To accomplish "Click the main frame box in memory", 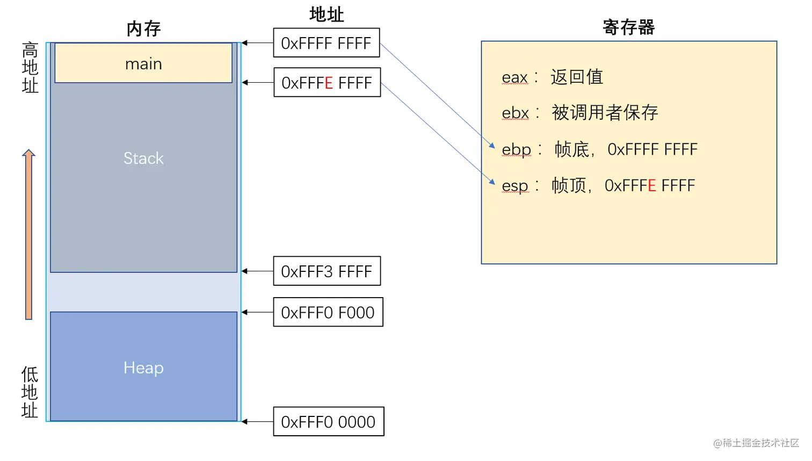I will [x=143, y=63].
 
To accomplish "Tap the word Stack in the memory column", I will [x=143, y=159].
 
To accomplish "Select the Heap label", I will [x=143, y=368].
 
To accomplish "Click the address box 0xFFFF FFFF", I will [x=327, y=43].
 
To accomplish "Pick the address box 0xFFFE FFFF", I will [x=327, y=83].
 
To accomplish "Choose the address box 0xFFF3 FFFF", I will [x=327, y=271].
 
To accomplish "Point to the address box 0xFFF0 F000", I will [x=328, y=312].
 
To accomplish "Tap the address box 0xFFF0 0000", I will [x=329, y=422].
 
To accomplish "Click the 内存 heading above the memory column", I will [x=143, y=29].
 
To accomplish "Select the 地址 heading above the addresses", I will [x=327, y=15].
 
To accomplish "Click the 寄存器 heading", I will [x=629, y=27].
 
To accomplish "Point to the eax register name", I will [x=515, y=78].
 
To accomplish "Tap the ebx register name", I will [x=516, y=113].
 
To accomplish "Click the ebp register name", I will [x=516, y=150].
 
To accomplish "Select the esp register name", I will [x=515, y=186].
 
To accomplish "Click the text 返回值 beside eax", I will [x=577, y=77].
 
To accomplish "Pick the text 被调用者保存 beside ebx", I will [x=605, y=113].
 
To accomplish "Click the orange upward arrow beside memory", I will [x=29, y=234].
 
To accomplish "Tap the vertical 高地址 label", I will [x=30, y=68].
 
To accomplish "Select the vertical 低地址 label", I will [x=30, y=392].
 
